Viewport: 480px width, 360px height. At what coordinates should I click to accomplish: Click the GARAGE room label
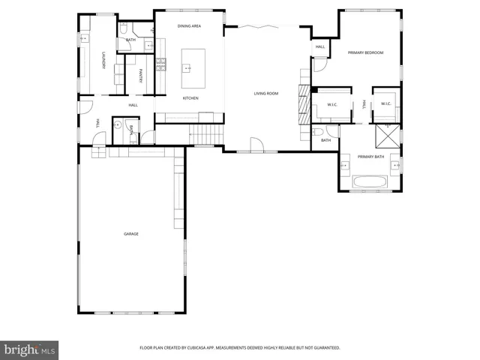click(x=131, y=234)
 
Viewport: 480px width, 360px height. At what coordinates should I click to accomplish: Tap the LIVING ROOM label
click(x=266, y=94)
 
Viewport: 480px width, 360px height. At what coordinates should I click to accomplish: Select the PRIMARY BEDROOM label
click(x=365, y=52)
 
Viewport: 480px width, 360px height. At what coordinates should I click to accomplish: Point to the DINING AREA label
click(x=189, y=26)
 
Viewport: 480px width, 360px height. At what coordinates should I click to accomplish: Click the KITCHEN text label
click(x=191, y=98)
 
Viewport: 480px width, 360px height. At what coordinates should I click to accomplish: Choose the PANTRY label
click(x=141, y=76)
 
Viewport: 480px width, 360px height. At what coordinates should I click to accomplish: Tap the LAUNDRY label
click(x=103, y=61)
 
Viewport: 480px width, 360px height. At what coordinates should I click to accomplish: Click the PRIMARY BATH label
click(x=370, y=156)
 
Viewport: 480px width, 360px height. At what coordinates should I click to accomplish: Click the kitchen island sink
click(x=188, y=68)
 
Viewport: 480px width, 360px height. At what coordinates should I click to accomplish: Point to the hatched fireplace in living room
click(x=304, y=103)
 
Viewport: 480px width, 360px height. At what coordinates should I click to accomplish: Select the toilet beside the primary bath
click(x=318, y=133)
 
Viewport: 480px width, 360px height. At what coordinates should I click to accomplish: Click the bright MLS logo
click(x=30, y=349)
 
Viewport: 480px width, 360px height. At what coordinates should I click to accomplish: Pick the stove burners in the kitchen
click(x=160, y=68)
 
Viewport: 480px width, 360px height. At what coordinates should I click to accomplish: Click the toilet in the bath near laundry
click(x=124, y=28)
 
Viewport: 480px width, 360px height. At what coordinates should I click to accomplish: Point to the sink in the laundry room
click(x=85, y=37)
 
